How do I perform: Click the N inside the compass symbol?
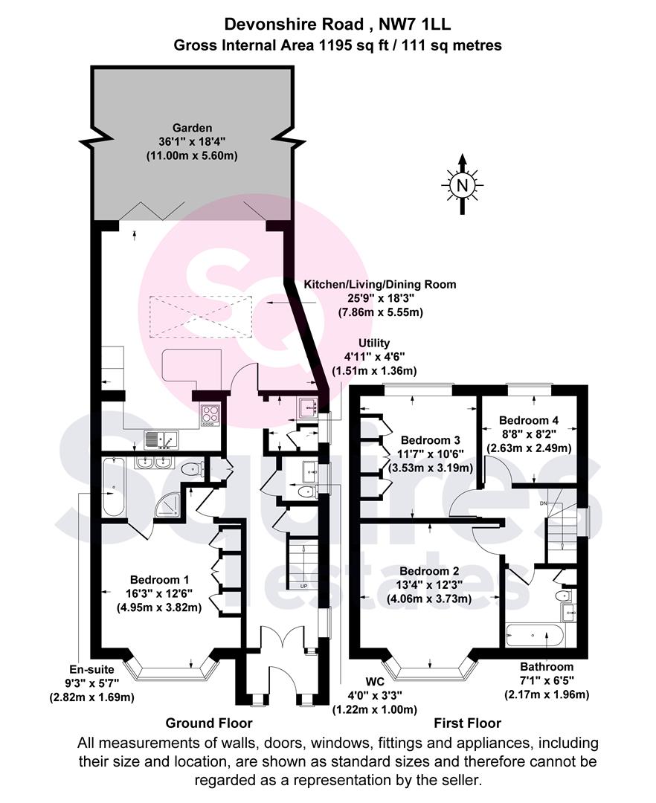coord(462,185)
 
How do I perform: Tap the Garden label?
coord(192,128)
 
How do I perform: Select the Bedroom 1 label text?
coord(159,580)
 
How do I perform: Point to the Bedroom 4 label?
coord(529,420)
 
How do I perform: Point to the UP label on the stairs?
coord(303,587)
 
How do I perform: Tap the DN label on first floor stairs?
coord(544,503)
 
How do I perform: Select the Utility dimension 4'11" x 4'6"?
coord(374,356)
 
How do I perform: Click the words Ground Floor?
coord(209,723)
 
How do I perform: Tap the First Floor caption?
coord(468,723)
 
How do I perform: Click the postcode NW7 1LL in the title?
coord(414,24)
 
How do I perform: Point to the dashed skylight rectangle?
coord(201,317)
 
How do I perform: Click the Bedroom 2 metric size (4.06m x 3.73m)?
coord(430,599)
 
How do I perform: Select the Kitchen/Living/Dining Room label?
coord(380,284)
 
